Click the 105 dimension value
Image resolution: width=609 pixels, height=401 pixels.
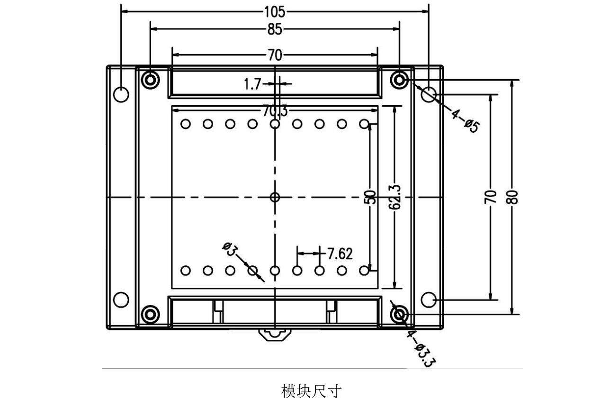pyautogui.click(x=275, y=11)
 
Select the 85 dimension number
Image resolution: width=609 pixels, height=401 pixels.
pyautogui.click(x=275, y=29)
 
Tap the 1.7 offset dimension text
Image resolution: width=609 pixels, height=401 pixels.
pyautogui.click(x=252, y=84)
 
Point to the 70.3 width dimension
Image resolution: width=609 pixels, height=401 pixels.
pyautogui.click(x=275, y=111)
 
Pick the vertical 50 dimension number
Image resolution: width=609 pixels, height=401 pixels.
pyautogui.click(x=372, y=197)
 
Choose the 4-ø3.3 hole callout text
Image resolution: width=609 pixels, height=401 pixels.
pyautogui.click(x=420, y=349)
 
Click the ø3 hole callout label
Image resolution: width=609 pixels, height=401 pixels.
pyautogui.click(x=229, y=248)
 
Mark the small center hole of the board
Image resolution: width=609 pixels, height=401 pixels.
pyautogui.click(x=275, y=197)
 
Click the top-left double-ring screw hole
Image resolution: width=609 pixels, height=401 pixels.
pyautogui.click(x=151, y=80)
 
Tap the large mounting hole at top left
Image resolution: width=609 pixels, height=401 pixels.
pyautogui.click(x=121, y=94)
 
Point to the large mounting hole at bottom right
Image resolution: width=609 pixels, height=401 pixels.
pyautogui.click(x=429, y=300)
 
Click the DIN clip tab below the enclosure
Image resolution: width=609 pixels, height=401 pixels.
pyautogui.click(x=274, y=334)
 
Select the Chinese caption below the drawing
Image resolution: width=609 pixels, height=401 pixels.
pyautogui.click(x=311, y=392)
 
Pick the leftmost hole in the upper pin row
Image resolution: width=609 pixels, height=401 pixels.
pyautogui.click(x=186, y=124)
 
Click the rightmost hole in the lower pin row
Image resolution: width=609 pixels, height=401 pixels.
pyautogui.click(x=364, y=271)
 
